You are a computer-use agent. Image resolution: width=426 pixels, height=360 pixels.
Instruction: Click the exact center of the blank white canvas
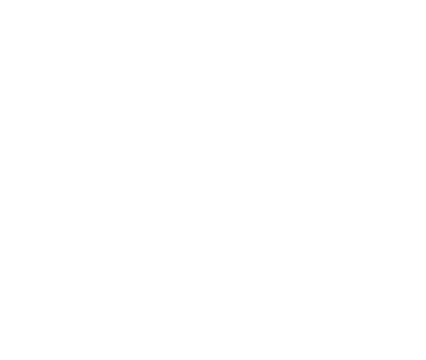click(213, 180)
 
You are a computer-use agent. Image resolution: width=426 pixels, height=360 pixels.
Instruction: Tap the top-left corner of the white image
click(0, 0)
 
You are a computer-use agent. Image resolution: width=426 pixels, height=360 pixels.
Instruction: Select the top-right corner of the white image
click(425, 0)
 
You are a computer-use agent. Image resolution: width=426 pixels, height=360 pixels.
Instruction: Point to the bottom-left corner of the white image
click(0, 359)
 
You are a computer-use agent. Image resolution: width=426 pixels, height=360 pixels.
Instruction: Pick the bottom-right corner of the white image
click(425, 359)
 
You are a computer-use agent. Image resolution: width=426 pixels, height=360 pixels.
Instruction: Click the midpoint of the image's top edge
click(213, 0)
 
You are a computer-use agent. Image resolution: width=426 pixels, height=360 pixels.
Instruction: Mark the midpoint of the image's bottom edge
click(213, 359)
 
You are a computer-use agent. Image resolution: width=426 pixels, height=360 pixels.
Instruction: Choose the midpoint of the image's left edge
click(0, 180)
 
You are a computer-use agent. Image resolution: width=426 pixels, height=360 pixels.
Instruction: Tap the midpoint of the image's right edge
click(425, 180)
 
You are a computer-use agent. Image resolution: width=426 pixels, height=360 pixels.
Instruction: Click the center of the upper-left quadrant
click(106, 90)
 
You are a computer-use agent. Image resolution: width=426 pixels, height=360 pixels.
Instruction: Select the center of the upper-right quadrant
click(319, 90)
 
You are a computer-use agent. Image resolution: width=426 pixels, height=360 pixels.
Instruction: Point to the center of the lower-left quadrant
click(106, 269)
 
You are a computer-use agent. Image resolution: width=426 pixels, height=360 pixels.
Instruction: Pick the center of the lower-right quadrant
click(319, 269)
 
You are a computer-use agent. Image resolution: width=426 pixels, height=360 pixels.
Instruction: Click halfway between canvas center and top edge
click(213, 90)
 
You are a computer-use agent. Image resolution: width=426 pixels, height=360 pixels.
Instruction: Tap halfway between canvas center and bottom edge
click(213, 269)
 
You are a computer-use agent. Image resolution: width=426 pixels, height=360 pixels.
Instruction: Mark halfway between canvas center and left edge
click(106, 180)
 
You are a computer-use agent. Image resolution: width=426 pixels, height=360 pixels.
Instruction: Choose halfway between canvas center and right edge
click(319, 180)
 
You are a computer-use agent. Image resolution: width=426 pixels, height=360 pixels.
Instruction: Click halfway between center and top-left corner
click(106, 90)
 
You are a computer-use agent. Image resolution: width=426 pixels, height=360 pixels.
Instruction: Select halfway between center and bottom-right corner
click(319, 269)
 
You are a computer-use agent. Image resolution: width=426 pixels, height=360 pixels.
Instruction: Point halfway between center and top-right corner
click(319, 90)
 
